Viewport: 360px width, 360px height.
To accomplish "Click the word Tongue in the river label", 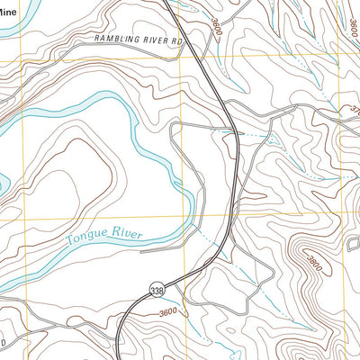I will click(88, 239).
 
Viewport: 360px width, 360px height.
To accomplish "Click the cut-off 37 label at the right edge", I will click(354, 111).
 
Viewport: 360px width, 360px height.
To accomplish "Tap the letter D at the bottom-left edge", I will click(3, 344).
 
